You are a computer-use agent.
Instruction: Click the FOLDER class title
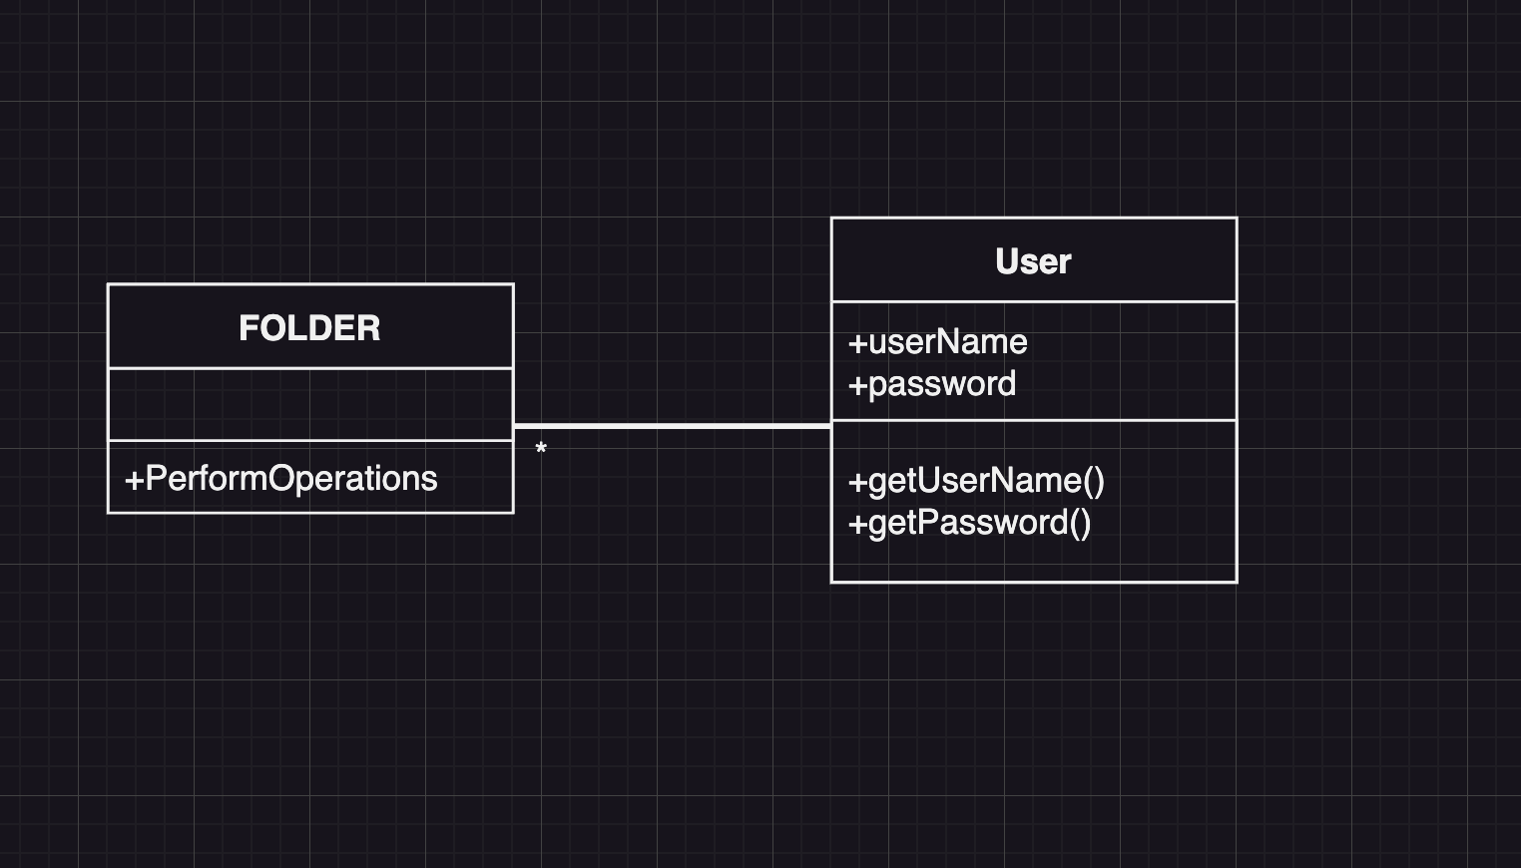pos(309,328)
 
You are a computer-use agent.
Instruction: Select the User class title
pos(1033,261)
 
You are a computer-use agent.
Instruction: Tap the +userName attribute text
pos(937,342)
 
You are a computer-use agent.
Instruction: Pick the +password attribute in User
pos(932,384)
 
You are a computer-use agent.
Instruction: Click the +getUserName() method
pos(976,481)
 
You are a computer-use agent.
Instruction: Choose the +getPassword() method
pos(969,523)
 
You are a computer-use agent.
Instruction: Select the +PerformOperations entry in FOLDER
pos(280,479)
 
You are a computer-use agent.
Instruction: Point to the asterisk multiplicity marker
pos(541,450)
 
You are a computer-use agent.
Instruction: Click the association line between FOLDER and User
pos(672,426)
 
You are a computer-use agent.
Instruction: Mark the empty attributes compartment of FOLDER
pos(309,404)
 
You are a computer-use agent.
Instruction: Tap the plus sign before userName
pos(857,343)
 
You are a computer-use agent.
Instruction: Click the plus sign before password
pos(857,385)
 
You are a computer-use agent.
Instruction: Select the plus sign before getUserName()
pos(857,482)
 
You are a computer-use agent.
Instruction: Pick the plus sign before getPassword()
pos(857,524)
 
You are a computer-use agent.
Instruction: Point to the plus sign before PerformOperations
pos(134,480)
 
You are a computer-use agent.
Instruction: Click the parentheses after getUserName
pos(1094,481)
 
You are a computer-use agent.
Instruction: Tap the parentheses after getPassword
pos(1080,523)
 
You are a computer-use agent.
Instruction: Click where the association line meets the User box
pos(830,426)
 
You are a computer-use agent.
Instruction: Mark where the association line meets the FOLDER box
pos(515,426)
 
